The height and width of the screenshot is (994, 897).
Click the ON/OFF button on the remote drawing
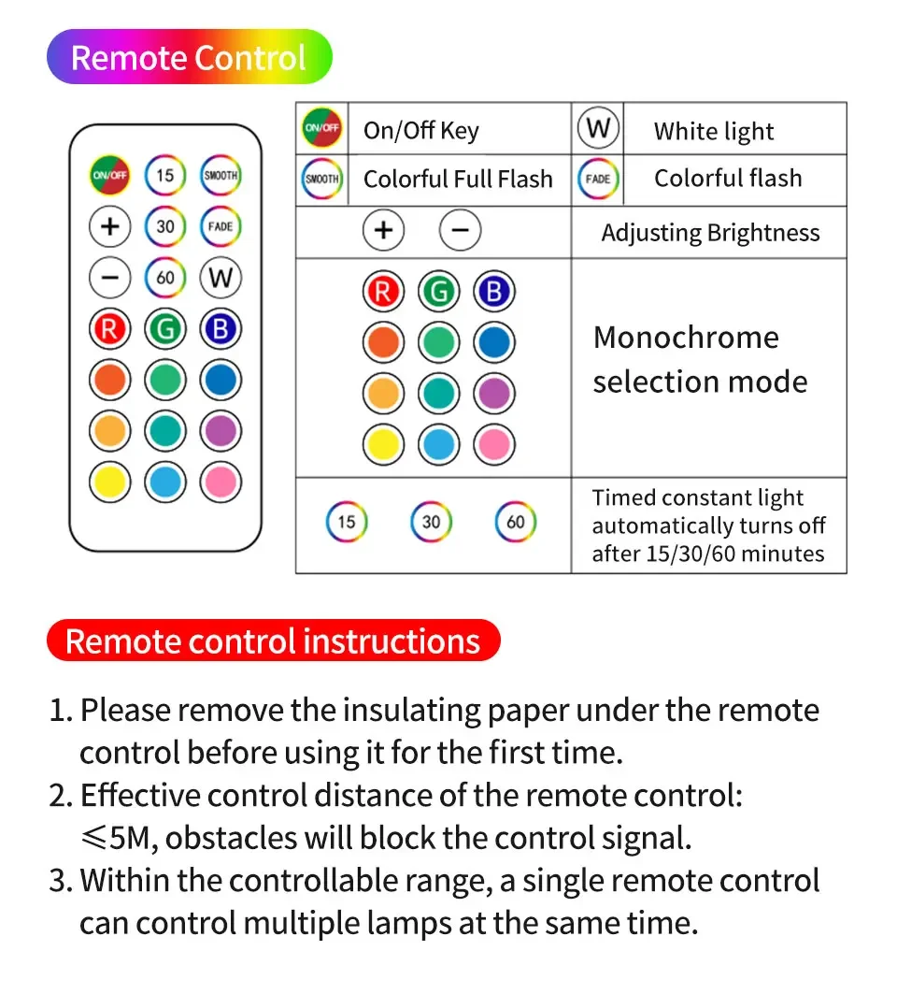(110, 175)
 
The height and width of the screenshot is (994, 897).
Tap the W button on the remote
(221, 277)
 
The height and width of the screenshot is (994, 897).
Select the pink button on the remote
(221, 482)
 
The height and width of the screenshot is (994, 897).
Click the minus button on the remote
(110, 277)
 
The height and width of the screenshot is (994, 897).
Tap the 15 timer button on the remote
(165, 175)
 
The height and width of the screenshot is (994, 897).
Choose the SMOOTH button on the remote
(221, 175)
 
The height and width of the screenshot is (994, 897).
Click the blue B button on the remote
(221, 329)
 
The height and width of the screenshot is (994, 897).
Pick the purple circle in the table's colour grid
(493, 394)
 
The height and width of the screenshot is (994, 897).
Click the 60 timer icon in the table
(516, 522)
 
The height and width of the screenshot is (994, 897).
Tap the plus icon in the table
(383, 230)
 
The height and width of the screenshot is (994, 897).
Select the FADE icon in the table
(598, 179)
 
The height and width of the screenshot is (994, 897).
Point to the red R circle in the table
(383, 293)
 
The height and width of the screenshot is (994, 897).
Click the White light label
(714, 132)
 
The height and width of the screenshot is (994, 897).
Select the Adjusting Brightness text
(710, 233)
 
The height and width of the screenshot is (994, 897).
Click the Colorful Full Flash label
(458, 179)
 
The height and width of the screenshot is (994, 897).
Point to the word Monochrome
(686, 338)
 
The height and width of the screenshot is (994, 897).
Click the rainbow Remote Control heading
(189, 58)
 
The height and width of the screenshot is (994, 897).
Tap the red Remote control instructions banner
(273, 641)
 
